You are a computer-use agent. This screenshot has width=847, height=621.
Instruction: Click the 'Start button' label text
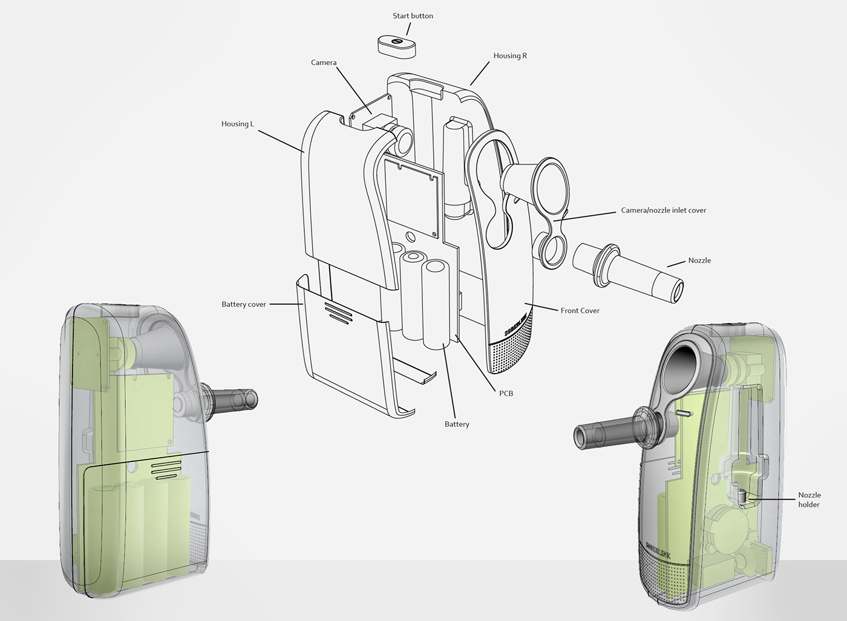click(x=413, y=16)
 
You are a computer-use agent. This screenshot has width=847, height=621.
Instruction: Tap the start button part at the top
click(x=397, y=47)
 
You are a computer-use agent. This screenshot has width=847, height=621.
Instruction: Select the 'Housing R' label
click(x=510, y=56)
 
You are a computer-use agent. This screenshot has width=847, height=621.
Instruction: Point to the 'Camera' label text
click(x=324, y=62)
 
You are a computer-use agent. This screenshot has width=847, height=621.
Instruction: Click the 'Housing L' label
click(x=237, y=124)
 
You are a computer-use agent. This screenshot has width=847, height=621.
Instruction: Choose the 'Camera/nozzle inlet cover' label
click(x=664, y=210)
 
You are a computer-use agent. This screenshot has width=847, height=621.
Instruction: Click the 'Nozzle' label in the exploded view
click(x=699, y=261)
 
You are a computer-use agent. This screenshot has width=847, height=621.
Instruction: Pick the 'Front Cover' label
click(x=580, y=311)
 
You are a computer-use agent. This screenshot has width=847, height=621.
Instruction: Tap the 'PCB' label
click(x=506, y=394)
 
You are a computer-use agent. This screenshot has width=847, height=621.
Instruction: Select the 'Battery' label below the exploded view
click(x=457, y=424)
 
